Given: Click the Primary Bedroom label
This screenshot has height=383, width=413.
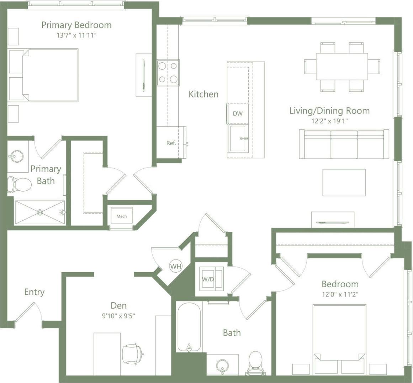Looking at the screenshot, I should point(76,25).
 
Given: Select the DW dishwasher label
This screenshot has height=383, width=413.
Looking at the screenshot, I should point(238,114).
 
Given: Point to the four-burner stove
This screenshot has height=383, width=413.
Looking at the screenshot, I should point(168,73).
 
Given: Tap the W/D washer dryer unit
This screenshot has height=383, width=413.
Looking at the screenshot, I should point(208,279).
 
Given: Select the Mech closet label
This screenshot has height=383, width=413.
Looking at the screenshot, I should point(122,216).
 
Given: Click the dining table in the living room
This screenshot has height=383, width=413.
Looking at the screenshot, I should point(341,67).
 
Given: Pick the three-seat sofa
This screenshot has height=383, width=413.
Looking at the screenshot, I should point(344,145).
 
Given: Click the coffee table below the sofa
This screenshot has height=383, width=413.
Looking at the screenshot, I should point(344,182).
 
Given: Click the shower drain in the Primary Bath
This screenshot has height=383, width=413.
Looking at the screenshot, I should point(40,213).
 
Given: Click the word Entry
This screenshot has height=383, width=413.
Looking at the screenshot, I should point(34,292).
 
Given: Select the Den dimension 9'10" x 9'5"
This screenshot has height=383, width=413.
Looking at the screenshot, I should point(118,315).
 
